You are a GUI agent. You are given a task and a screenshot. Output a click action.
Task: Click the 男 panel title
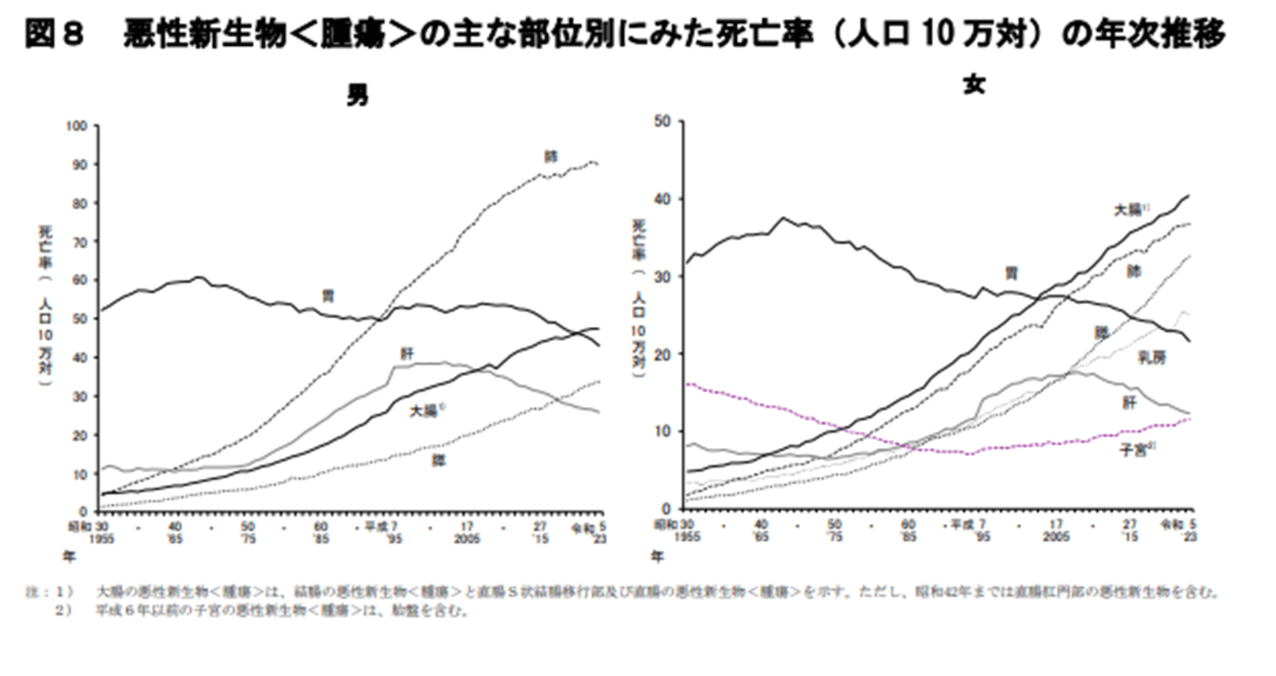[x=357, y=97]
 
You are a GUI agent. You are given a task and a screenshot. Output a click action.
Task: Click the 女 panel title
[x=974, y=85]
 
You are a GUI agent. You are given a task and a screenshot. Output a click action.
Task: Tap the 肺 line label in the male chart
[x=551, y=157]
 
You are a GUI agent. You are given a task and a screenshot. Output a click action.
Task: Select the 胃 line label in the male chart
[x=328, y=296]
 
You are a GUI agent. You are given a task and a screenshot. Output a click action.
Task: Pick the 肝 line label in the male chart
[x=407, y=354]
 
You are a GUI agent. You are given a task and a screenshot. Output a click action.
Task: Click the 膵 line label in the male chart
[x=438, y=459]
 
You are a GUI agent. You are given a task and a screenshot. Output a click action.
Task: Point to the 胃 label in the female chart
[x=1011, y=274]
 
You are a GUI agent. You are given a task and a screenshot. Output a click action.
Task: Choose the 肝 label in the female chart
[x=1129, y=402]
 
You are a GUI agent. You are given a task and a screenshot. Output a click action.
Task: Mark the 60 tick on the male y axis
[x=79, y=281]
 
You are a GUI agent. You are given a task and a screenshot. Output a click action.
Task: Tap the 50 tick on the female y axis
[x=663, y=121]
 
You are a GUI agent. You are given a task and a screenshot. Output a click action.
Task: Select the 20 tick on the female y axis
[x=663, y=354]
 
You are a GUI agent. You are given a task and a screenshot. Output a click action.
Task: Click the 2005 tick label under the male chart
[x=467, y=537]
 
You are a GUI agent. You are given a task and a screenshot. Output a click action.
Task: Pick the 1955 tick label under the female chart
[x=687, y=537]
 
